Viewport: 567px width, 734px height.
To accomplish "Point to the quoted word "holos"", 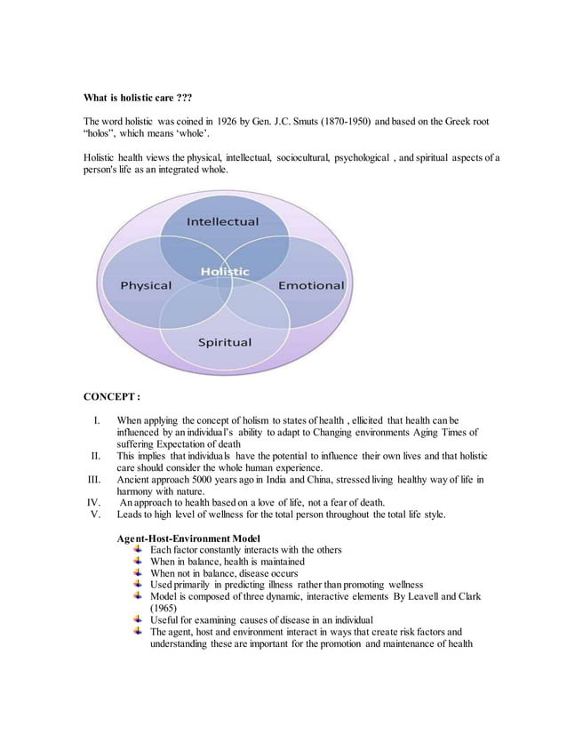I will tap(102, 132).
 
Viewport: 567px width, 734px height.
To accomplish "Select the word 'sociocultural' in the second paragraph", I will tap(302, 157).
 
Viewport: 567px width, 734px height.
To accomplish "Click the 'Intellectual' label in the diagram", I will tap(222, 221).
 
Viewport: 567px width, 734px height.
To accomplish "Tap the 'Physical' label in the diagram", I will tap(146, 286).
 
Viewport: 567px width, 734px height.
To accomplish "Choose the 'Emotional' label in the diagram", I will tap(311, 286).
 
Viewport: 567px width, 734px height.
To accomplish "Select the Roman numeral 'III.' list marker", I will tap(95, 481).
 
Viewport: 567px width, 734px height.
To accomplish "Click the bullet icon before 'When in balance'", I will tap(138, 562).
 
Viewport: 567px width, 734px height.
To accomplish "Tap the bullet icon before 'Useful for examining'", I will tap(138, 619).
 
